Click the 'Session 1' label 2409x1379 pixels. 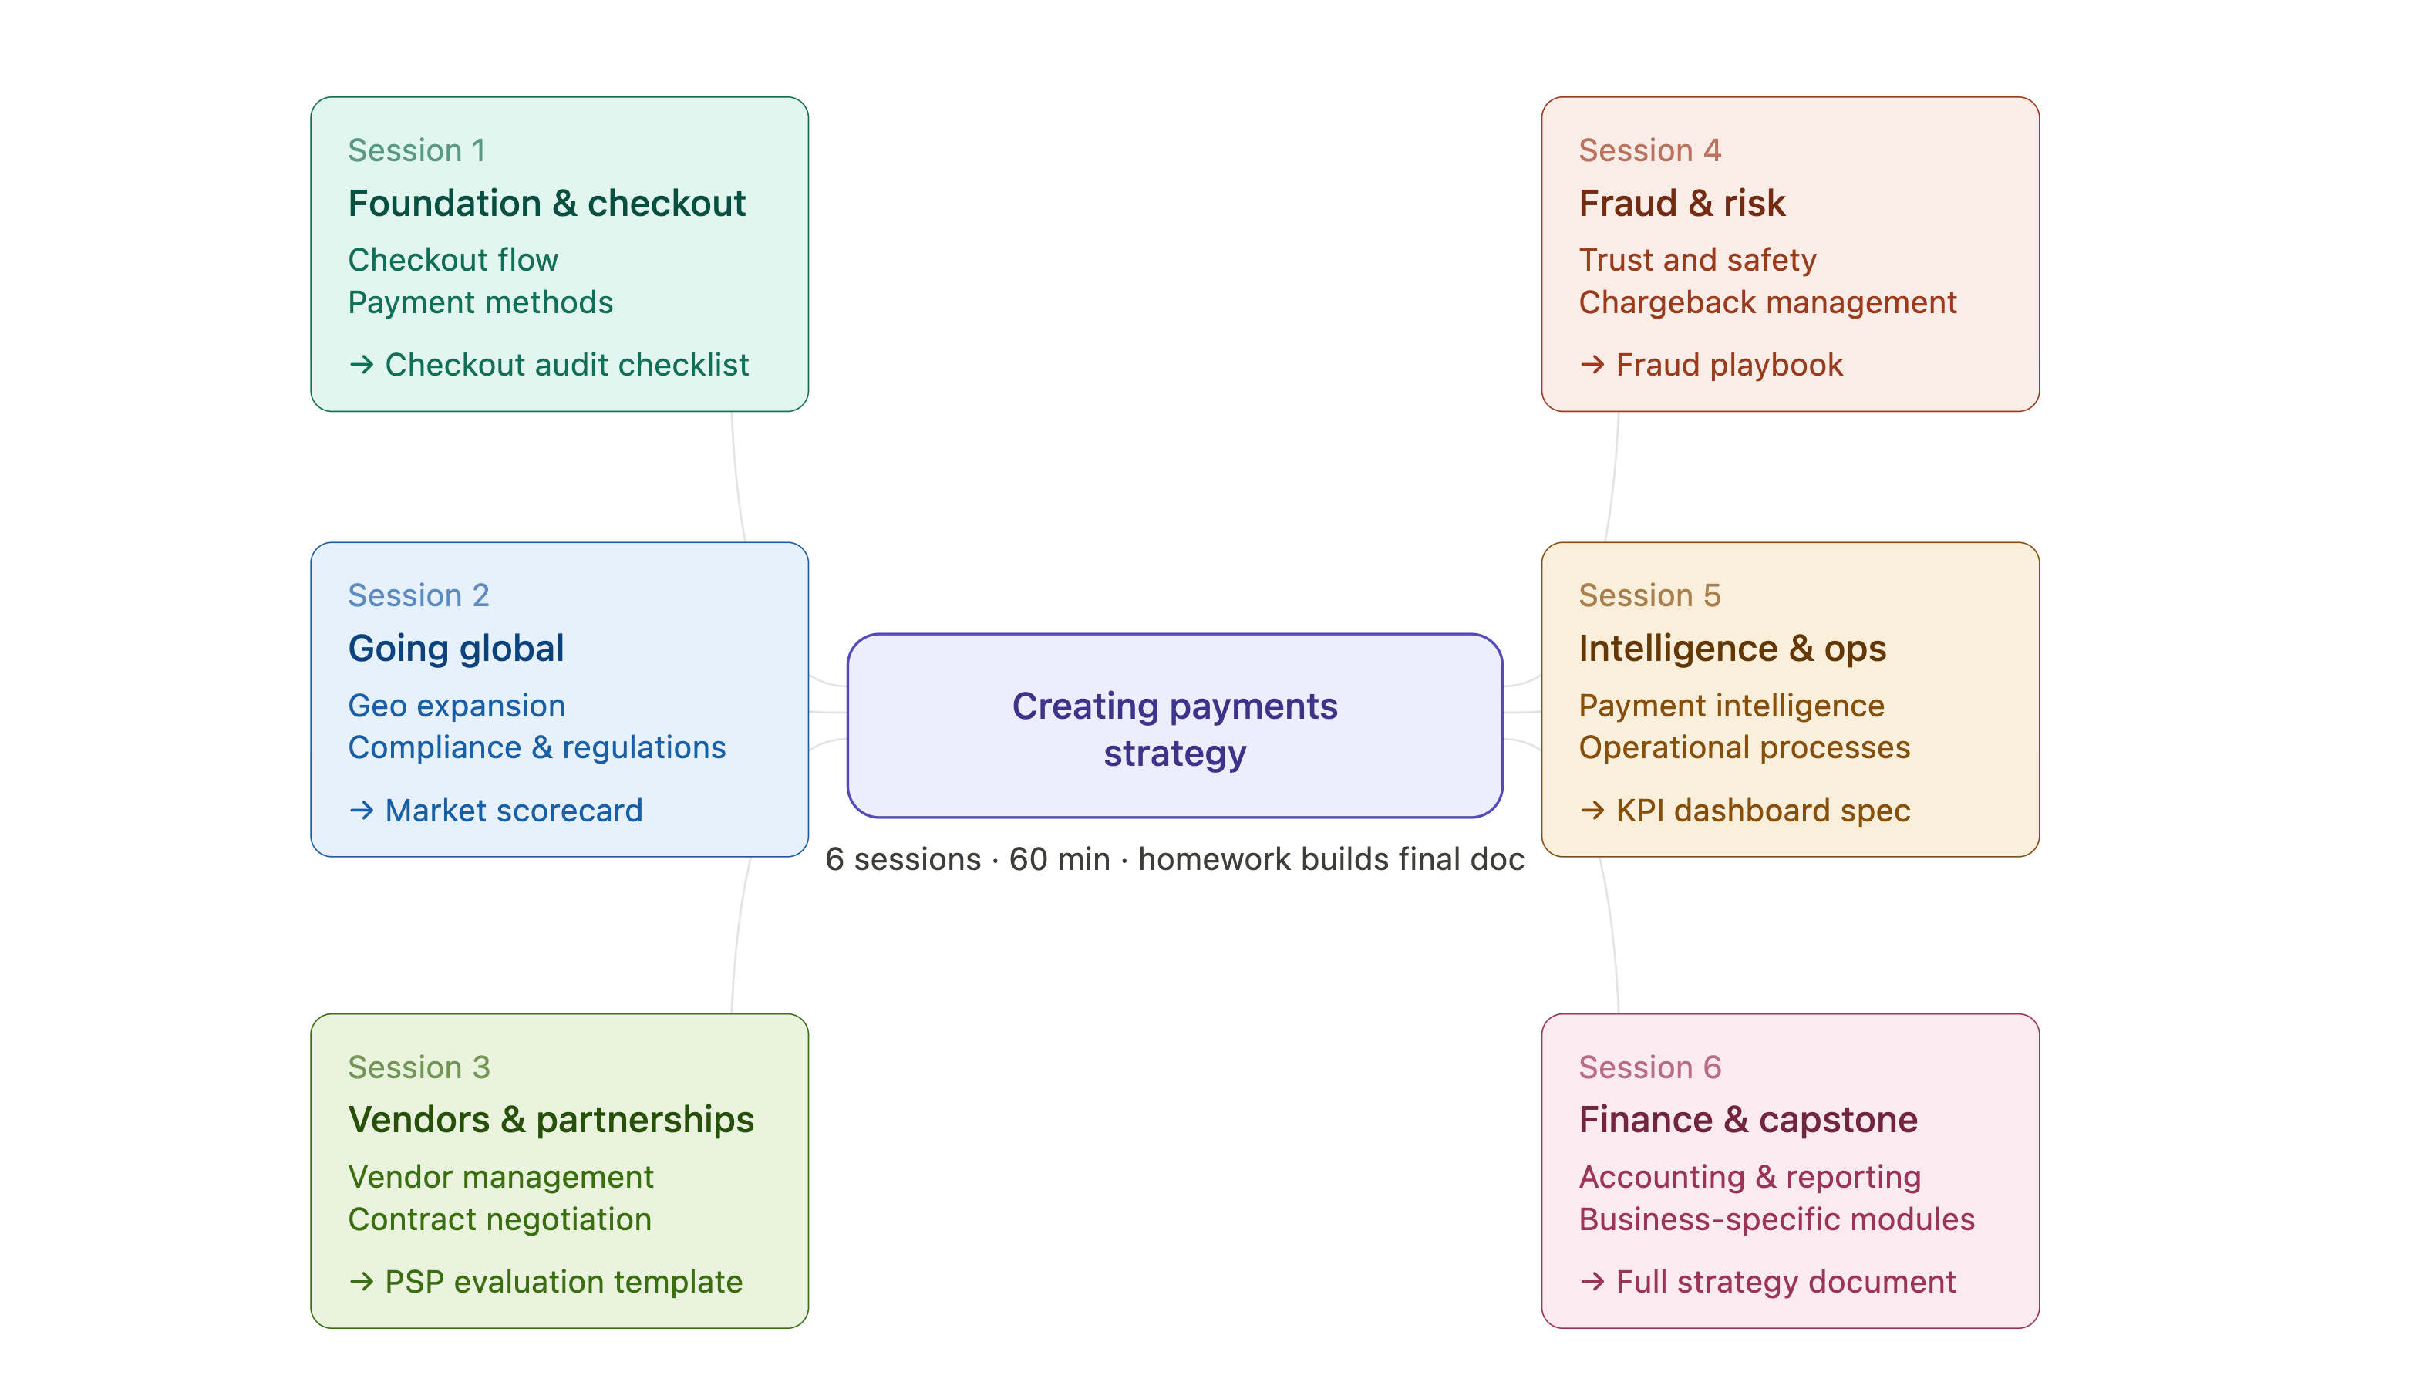pos(416,150)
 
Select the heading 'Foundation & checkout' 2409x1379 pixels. pos(547,204)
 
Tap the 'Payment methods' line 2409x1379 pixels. pos(480,303)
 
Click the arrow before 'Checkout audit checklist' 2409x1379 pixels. pos(361,366)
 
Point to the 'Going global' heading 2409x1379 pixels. pos(456,649)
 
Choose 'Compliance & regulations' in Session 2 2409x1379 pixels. pos(536,748)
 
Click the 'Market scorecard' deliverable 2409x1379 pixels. pos(514,811)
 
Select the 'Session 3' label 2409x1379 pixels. pos(419,1068)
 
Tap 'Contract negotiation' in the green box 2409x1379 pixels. pos(499,1220)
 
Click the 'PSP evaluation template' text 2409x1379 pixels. pos(564,1283)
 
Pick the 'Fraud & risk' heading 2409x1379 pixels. pos(1681,204)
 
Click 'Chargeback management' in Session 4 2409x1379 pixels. pos(1767,303)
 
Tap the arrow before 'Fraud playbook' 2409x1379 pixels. pos(1592,366)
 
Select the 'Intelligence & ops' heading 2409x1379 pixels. pos(1732,649)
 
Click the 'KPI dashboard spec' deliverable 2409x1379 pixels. pos(1762,811)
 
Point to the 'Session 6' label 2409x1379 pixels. pos(1649,1068)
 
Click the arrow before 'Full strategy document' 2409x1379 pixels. pos(1592,1283)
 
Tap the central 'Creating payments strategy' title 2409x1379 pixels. pos(1174,730)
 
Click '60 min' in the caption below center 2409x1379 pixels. pos(1059,860)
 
